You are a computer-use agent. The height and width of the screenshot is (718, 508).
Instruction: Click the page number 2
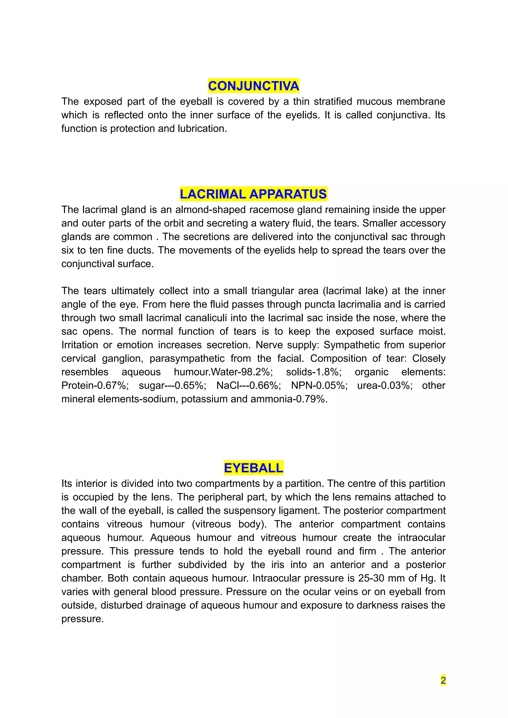coord(443,680)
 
